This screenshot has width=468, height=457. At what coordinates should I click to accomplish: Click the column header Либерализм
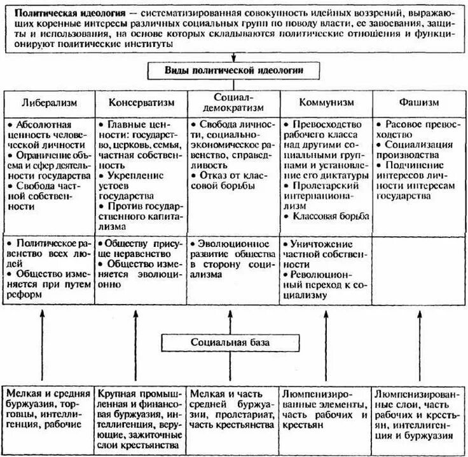tap(50, 102)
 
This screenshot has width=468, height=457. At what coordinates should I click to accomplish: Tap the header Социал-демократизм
tap(233, 102)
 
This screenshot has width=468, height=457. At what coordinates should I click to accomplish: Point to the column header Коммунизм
tap(326, 102)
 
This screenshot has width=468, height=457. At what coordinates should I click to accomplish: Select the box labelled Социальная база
tap(233, 343)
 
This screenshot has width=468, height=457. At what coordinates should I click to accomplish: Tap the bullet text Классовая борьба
tap(329, 216)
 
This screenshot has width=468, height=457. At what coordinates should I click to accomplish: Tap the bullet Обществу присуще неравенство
tap(139, 248)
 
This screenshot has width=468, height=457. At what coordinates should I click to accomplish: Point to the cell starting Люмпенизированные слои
tap(418, 413)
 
